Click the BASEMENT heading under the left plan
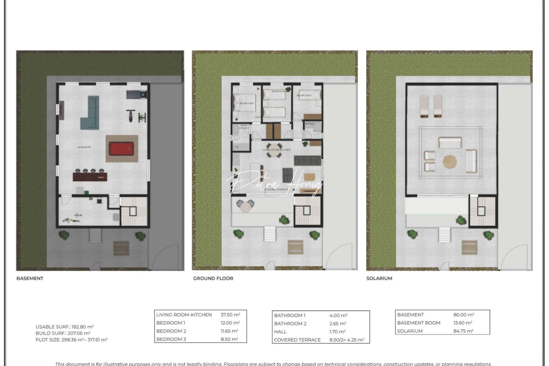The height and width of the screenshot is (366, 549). point(30,278)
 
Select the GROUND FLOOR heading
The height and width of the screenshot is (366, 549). point(213,278)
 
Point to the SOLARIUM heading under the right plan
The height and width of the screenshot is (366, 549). point(379,278)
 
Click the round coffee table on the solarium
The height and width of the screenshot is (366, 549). point(450,162)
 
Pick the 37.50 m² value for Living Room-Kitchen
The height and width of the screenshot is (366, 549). point(230,315)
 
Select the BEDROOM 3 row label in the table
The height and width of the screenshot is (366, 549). point(171,339)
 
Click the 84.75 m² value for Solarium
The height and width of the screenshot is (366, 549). point(463,331)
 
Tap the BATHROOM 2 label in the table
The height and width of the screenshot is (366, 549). point(290,324)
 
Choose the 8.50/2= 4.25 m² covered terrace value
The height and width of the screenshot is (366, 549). point(347,340)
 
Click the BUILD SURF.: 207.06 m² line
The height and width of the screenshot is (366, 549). point(63,333)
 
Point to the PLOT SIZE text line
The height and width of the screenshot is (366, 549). point(72,340)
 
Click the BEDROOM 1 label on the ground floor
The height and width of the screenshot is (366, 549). point(247,103)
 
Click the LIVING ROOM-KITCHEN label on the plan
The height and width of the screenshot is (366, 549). point(277,149)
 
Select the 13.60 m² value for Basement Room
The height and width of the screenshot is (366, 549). point(463,323)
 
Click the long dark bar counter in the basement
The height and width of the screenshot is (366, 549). point(90,177)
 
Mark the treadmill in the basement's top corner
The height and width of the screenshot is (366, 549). point(137,94)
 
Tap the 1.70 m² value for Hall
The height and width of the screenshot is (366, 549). point(337,332)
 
